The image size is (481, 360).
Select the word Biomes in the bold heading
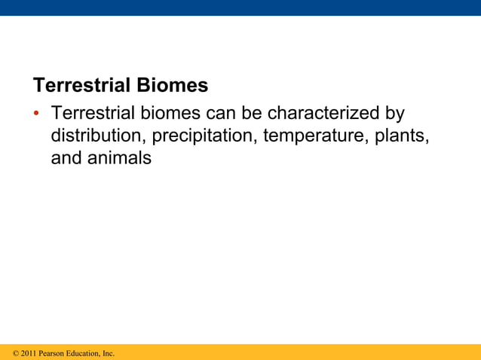pyautogui.click(x=170, y=85)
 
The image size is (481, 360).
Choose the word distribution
pyautogui.click(x=99, y=136)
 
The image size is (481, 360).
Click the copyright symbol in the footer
pyautogui.click(x=16, y=353)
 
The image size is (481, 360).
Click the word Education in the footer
pyautogui.click(x=84, y=353)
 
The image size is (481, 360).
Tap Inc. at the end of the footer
pyautogui.click(x=109, y=353)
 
